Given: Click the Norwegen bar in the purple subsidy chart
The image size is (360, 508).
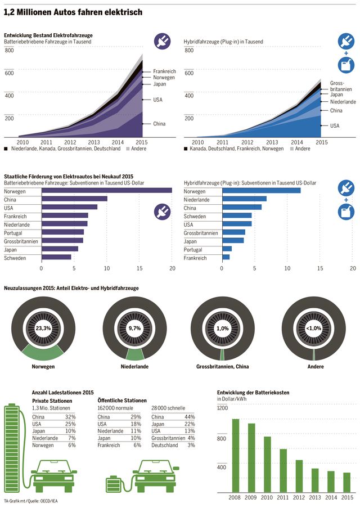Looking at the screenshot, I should tap(107, 191).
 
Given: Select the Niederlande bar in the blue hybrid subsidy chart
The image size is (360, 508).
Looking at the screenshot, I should tap(244, 199).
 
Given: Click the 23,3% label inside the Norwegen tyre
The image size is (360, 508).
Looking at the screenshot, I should tap(43, 329).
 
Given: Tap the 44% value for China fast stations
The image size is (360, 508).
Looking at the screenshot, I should tap(190, 416).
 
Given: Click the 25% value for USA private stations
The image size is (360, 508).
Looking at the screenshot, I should tap(70, 424).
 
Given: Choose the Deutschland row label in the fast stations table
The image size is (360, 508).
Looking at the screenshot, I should tap(165, 445).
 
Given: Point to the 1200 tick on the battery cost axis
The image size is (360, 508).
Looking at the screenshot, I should tap(223, 408).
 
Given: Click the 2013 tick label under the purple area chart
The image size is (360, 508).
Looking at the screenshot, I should tap(94, 142).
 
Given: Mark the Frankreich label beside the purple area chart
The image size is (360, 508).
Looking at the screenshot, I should tap(165, 72).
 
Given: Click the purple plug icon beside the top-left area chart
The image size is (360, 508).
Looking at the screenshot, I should tap(163, 42).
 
